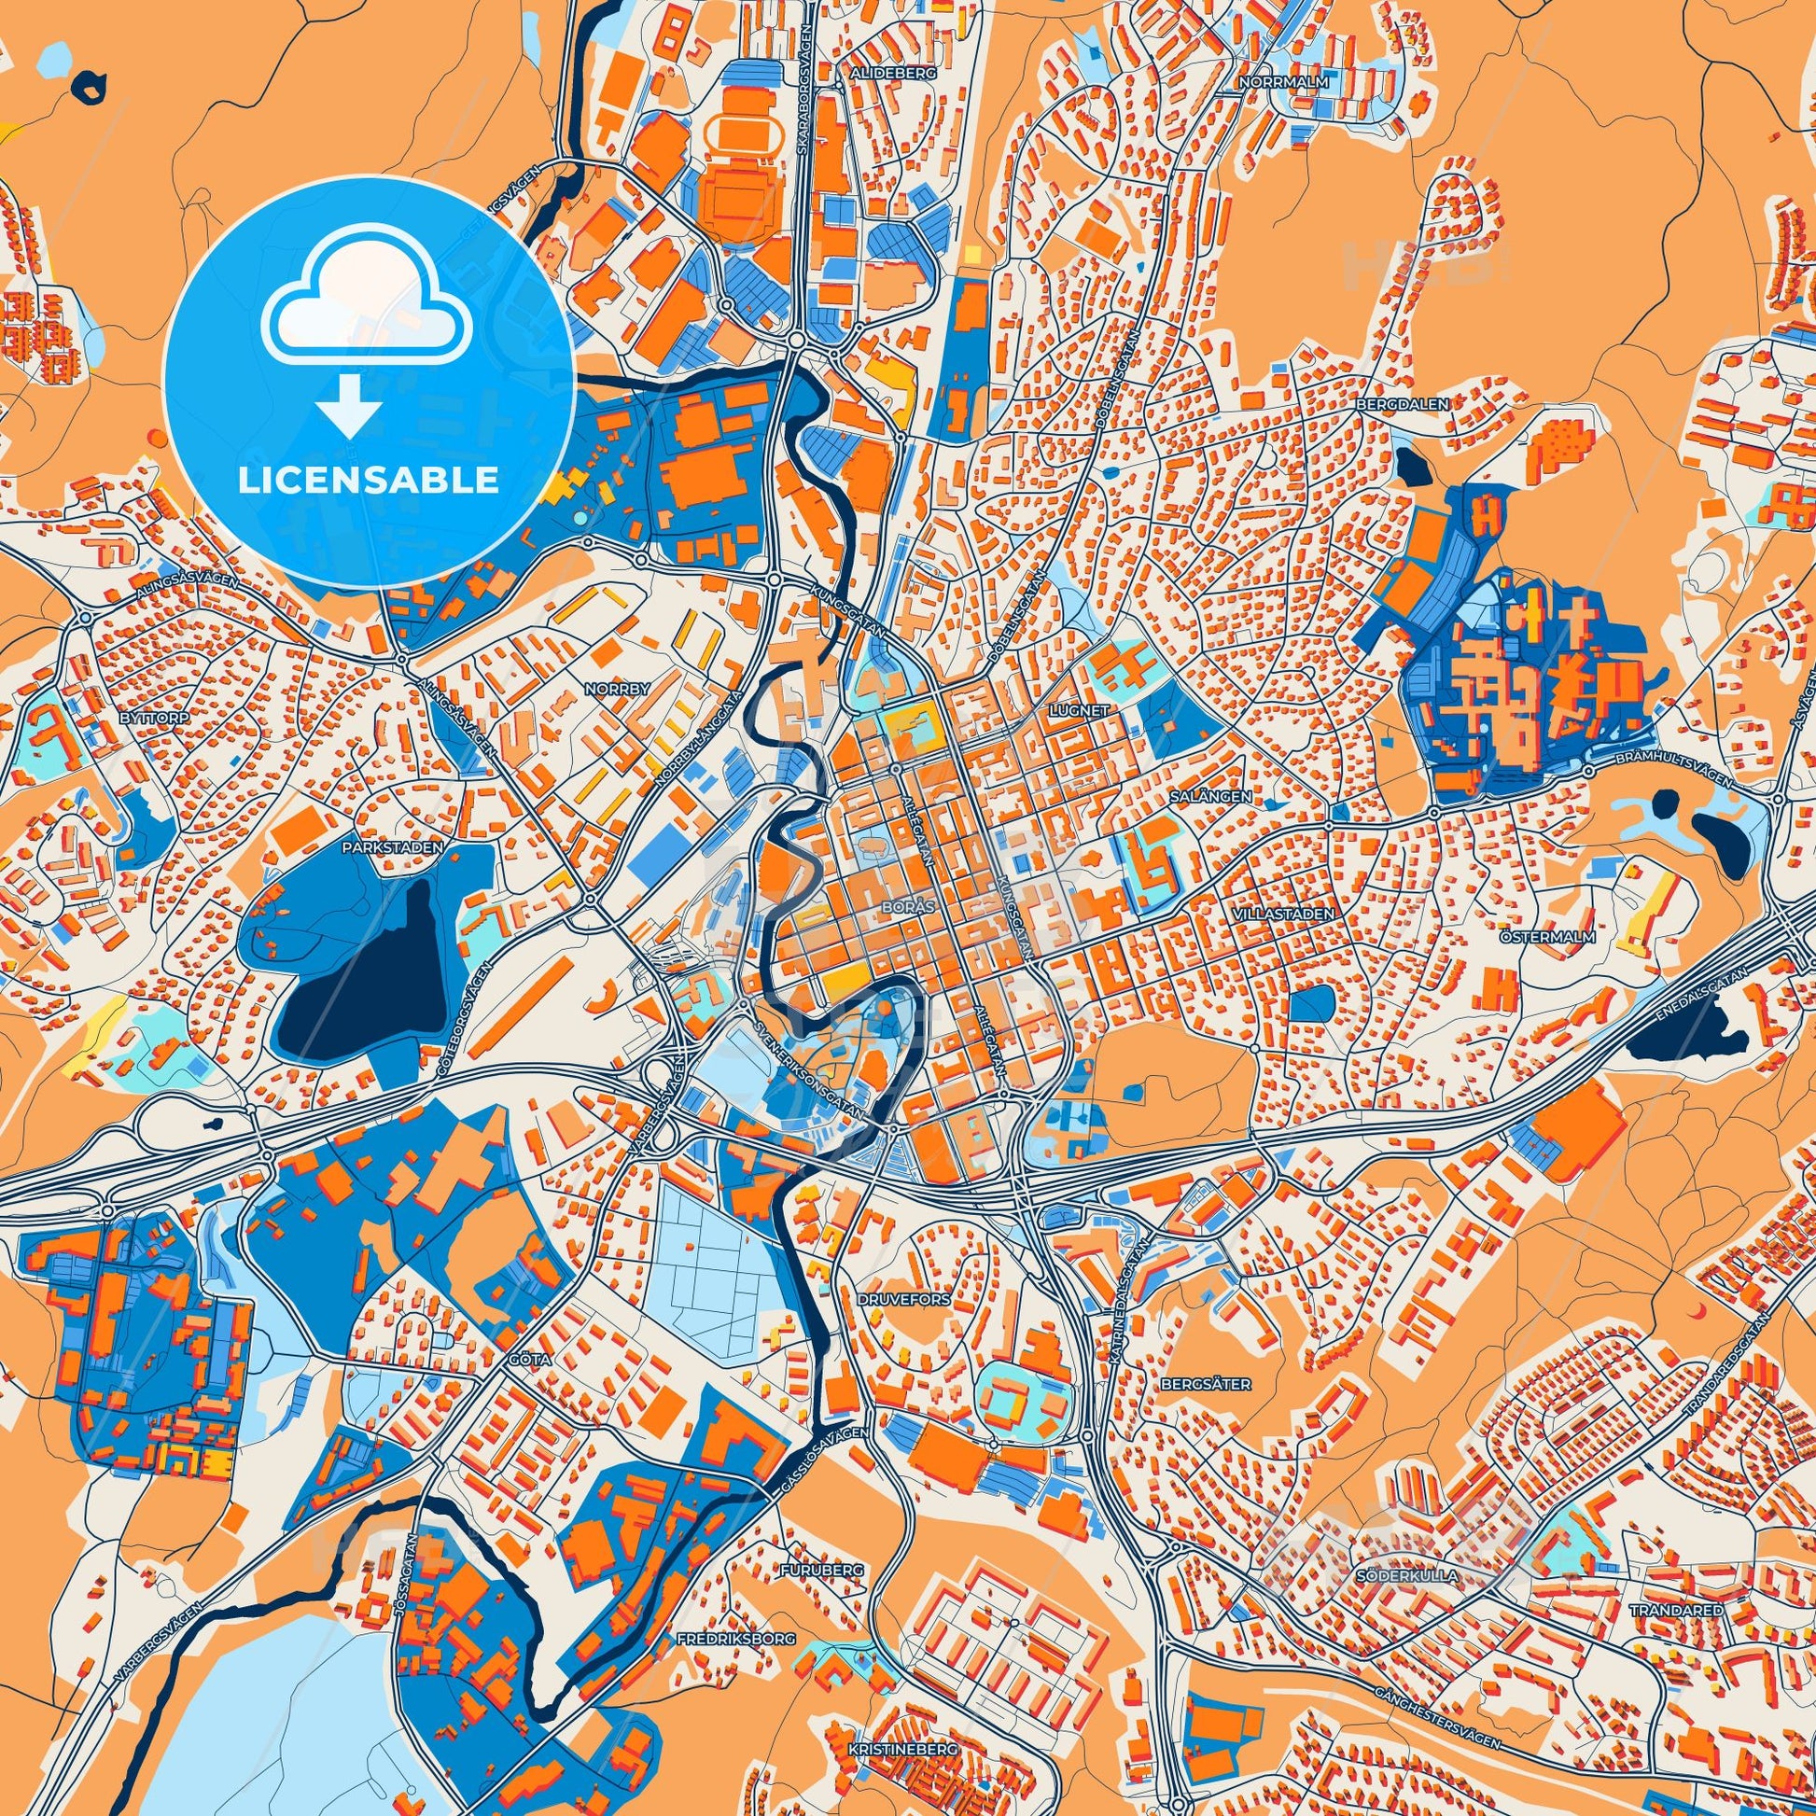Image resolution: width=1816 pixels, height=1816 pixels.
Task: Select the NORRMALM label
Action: [1284, 82]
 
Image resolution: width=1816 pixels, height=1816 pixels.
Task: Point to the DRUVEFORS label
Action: [903, 1298]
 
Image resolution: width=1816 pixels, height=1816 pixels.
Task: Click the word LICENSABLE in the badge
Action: [369, 481]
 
